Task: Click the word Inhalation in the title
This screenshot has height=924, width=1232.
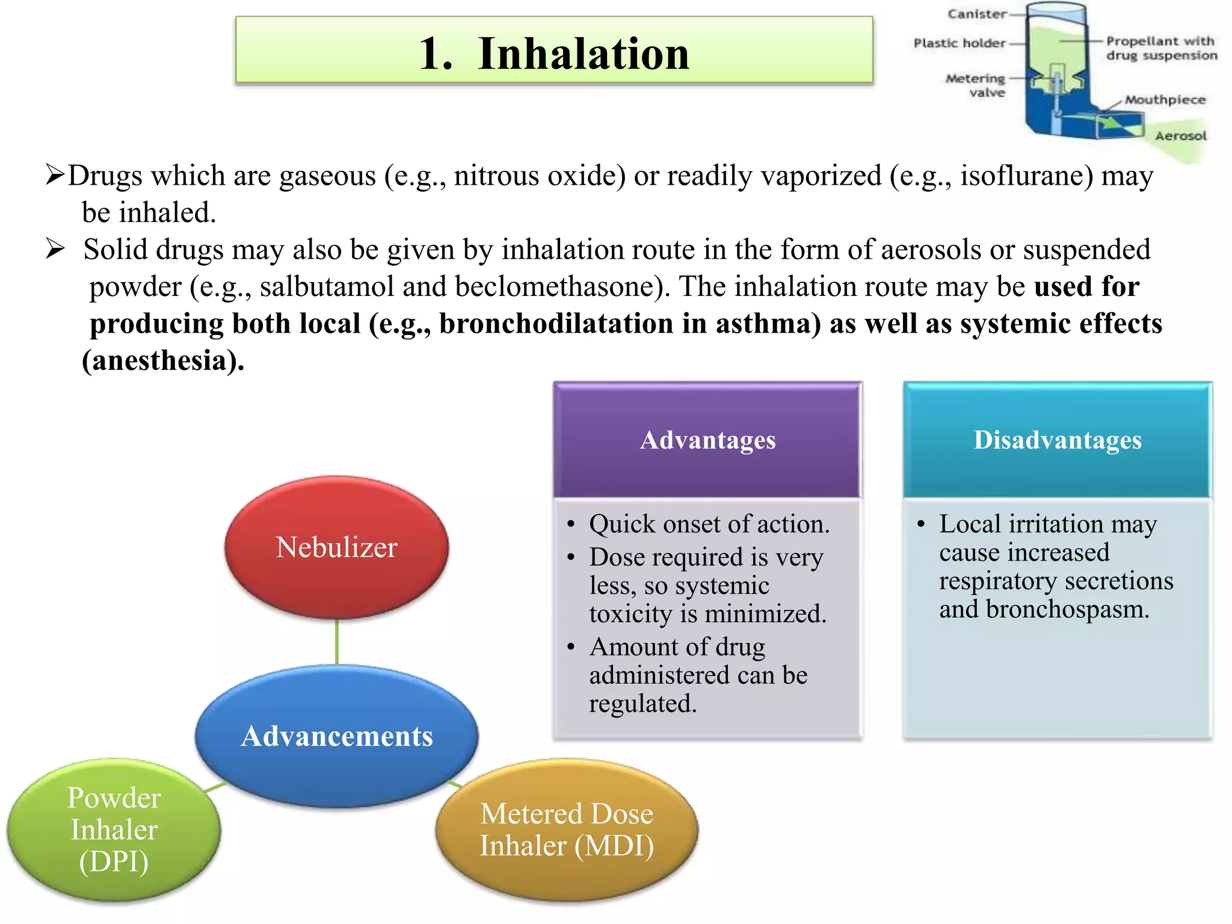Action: (583, 54)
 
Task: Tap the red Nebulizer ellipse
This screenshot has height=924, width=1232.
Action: (336, 547)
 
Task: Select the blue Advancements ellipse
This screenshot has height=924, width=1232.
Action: (336, 736)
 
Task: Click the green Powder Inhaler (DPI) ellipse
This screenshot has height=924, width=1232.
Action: (114, 830)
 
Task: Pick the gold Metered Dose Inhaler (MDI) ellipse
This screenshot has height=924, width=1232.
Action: (566, 830)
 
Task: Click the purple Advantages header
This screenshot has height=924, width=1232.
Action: (707, 440)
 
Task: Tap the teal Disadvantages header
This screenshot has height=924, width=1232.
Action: (1057, 440)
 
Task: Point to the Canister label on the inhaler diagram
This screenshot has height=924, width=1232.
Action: (976, 14)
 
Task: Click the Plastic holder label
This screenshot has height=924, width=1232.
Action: (959, 43)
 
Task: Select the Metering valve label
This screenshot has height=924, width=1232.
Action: (976, 85)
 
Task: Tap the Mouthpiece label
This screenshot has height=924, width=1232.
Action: (1165, 100)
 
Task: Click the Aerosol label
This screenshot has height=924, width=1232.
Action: (1180, 136)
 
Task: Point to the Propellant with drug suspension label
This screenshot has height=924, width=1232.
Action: (1160, 48)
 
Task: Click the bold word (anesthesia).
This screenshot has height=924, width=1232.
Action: (163, 361)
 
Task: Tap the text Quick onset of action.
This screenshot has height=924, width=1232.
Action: (709, 524)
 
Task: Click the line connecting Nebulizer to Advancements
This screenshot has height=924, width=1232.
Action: (337, 642)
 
